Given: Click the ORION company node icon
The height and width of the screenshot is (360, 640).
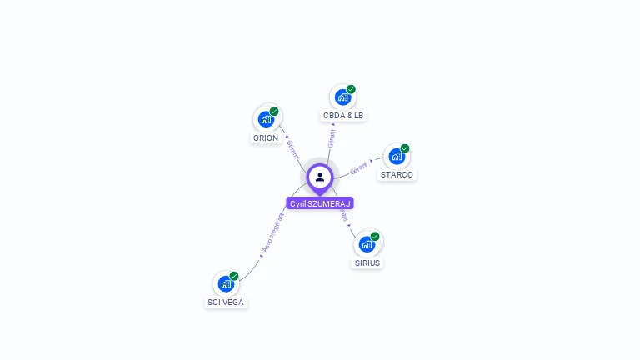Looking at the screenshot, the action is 266,119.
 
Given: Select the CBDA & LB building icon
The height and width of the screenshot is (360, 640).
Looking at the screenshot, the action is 342,97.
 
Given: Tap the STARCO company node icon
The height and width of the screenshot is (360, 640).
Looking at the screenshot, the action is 397,156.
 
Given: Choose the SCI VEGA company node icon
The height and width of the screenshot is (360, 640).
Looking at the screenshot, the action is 226,283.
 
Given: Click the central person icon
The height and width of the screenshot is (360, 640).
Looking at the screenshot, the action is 320,177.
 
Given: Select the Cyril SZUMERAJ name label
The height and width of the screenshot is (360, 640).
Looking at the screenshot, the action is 320,203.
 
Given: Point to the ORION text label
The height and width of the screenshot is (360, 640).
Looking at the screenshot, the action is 266,138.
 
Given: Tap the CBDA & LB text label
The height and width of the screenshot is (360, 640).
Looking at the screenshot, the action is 343,115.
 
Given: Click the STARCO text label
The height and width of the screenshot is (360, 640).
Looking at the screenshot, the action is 397,175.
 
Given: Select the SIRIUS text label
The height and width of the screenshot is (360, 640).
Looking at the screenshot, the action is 367,262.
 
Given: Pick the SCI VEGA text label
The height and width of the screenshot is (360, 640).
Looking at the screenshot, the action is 226,302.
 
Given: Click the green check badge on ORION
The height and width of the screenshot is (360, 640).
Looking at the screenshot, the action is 274,112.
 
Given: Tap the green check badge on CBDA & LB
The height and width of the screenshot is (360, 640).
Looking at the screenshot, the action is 351,89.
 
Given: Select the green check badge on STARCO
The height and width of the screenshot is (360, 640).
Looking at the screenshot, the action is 405,148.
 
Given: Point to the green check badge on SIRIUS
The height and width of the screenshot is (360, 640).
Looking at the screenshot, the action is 375,237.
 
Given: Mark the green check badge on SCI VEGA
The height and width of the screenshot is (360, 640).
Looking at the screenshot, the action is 234,276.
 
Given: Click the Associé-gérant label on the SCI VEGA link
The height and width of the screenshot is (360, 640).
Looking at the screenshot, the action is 273,232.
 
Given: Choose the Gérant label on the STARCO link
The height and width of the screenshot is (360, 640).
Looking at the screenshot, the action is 359,167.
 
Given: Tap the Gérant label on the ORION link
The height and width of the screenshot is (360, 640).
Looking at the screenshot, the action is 292,148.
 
